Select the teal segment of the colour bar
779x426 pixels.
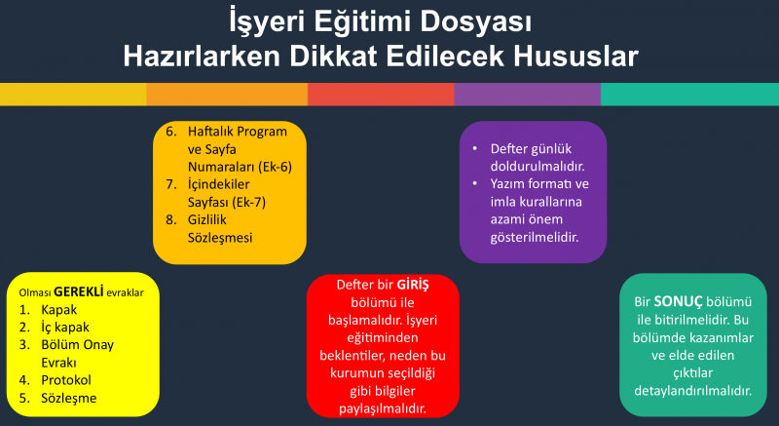689,94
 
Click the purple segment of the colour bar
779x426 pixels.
528,94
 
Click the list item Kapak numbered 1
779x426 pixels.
59,310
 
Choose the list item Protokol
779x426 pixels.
66,380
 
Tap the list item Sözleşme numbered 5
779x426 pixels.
68,398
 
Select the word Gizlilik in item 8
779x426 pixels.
207,219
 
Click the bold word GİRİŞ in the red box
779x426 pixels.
413,285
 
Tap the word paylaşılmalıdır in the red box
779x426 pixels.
383,408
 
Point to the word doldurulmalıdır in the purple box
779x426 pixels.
538,167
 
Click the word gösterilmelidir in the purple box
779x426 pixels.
535,237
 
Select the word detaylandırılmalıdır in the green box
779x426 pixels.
693,390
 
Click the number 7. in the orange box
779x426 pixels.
172,184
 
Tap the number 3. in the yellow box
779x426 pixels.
25,345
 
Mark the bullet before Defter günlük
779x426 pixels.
475,148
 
